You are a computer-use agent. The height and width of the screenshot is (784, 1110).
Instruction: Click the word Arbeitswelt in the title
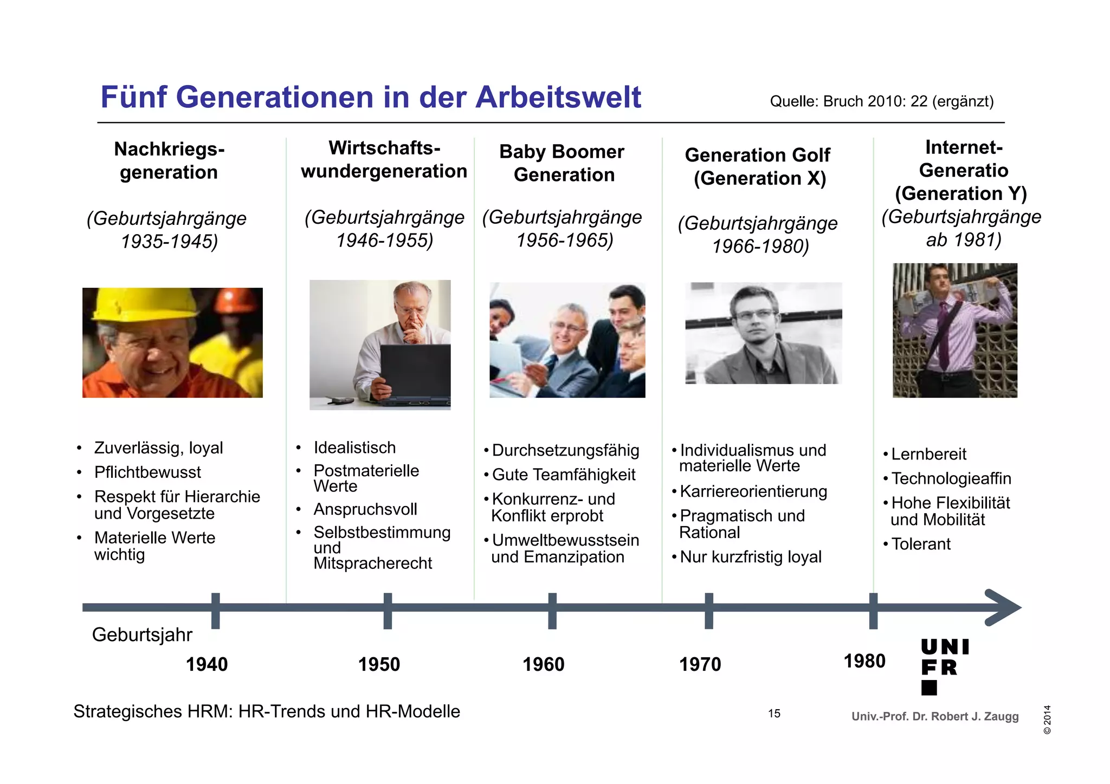pos(558,98)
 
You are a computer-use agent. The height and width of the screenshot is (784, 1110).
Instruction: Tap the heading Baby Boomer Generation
pos(563,163)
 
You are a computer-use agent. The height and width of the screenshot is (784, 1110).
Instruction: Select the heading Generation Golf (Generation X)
pos(758,166)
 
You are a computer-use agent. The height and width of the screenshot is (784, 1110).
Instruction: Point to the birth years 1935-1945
pos(169,241)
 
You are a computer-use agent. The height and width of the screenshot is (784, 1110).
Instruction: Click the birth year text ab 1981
pos(963,239)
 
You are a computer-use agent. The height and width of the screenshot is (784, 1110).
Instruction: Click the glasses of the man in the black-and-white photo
pos(756,315)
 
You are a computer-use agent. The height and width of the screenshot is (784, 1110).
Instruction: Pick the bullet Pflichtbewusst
pos(147,472)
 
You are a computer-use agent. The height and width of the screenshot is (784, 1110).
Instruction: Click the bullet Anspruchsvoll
pos(365,509)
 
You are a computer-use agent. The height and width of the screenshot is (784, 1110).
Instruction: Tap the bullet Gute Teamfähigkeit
pos(563,475)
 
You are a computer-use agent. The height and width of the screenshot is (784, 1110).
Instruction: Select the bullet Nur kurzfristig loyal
pos(750,557)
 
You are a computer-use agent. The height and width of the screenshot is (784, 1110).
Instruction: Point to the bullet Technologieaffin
pos(951,478)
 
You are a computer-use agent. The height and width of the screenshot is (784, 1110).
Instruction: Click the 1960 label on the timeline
pos(543,664)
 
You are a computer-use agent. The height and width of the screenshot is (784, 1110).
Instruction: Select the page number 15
pos(774,714)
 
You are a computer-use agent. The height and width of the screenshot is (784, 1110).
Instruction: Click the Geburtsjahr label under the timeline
pos(142,634)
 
